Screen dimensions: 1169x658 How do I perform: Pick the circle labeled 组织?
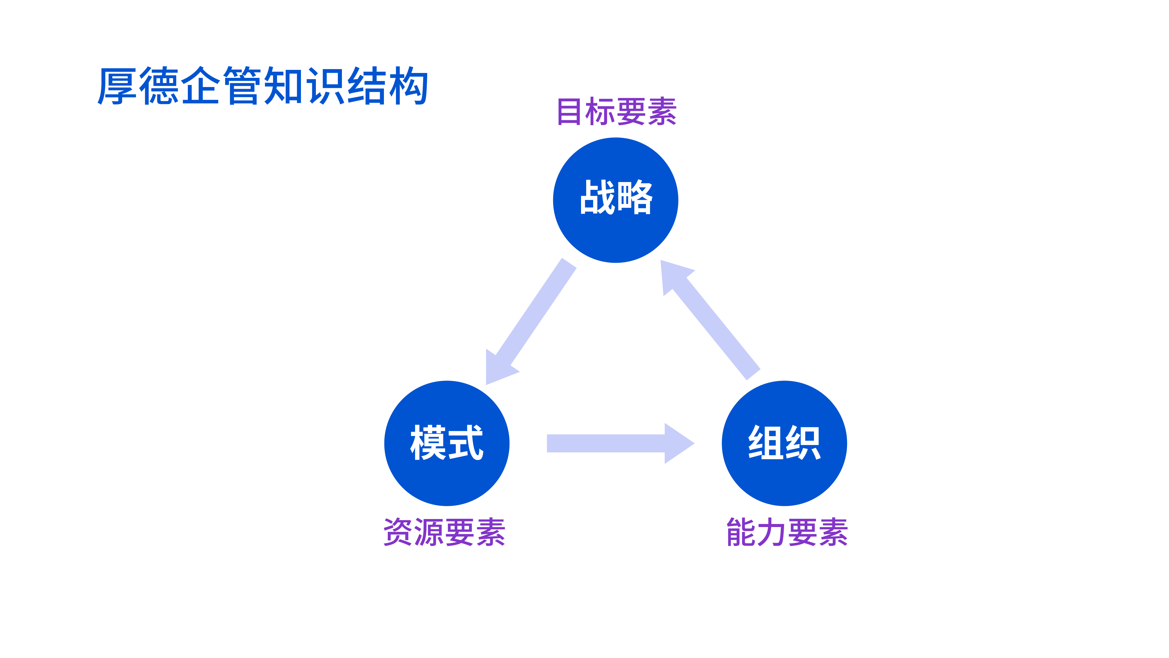tap(784, 443)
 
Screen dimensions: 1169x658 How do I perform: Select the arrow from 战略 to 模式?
tap(531, 322)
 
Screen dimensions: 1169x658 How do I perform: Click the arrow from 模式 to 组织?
tap(620, 443)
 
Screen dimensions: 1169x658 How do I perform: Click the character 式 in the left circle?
tap(466, 443)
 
